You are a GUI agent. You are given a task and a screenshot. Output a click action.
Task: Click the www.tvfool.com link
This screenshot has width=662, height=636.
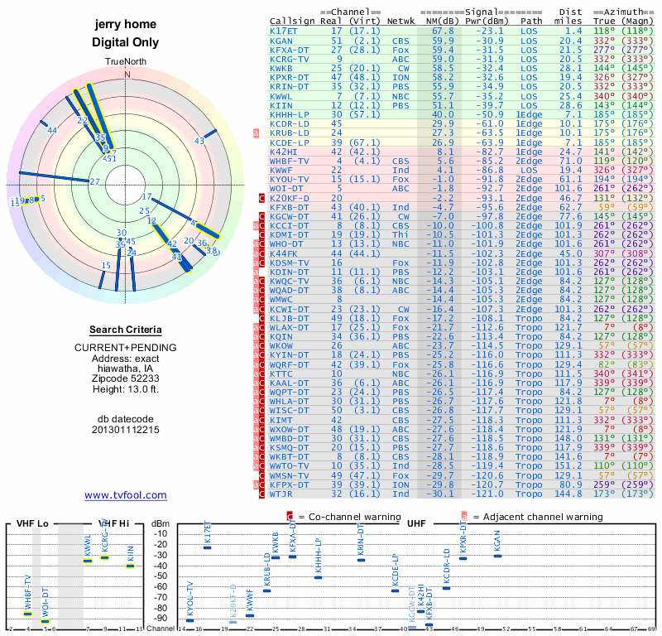[125, 495]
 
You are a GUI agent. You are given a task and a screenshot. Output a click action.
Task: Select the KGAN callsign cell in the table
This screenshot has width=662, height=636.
[281, 41]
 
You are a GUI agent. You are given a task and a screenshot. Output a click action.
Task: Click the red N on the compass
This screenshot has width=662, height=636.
[127, 74]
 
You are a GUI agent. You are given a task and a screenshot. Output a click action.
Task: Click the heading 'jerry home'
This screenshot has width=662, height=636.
[126, 25]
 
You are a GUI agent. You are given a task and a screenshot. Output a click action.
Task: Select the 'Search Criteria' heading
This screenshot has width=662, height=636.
[126, 330]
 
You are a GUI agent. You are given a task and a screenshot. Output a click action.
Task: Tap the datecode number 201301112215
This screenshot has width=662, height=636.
[126, 431]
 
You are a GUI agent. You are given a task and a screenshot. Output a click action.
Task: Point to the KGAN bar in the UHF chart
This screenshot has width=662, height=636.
[496, 555]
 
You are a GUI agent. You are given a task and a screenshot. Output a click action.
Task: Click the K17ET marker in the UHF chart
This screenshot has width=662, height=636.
[207, 548]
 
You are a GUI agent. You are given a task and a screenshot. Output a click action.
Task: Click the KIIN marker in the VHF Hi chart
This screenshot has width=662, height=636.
[130, 566]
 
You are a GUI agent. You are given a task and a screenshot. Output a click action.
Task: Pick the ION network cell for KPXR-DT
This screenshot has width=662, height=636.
[401, 77]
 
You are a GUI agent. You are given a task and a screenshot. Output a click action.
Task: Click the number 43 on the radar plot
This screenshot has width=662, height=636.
[199, 142]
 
